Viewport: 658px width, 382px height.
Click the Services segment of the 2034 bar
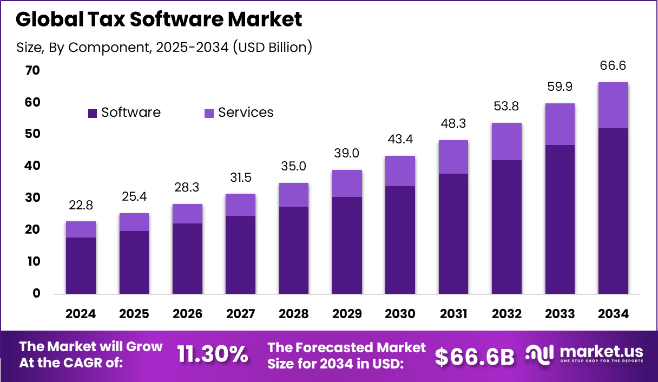[x=613, y=106]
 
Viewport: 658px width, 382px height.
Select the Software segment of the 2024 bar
[x=81, y=266]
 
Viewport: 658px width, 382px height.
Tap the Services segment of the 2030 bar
[x=400, y=171]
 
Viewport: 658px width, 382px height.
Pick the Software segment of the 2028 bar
[x=293, y=250]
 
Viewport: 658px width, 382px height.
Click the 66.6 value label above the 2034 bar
[x=613, y=65]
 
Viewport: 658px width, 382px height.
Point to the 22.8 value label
[x=81, y=206]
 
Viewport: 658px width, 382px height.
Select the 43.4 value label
[x=400, y=140]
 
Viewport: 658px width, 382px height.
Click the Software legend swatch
[x=93, y=113]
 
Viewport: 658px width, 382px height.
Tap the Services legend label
[x=246, y=113]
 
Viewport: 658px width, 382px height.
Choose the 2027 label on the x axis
[x=240, y=314]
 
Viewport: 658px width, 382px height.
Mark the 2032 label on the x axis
[x=506, y=314]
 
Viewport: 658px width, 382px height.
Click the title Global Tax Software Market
[x=159, y=19]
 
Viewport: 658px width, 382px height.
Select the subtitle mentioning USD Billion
[x=164, y=47]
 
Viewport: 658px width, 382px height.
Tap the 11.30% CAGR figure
[x=213, y=354]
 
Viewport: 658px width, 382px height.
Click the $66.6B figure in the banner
[x=475, y=356]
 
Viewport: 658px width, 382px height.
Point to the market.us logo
[x=584, y=354]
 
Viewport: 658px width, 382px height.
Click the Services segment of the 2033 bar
[x=560, y=124]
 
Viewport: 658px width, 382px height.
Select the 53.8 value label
[x=506, y=107]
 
